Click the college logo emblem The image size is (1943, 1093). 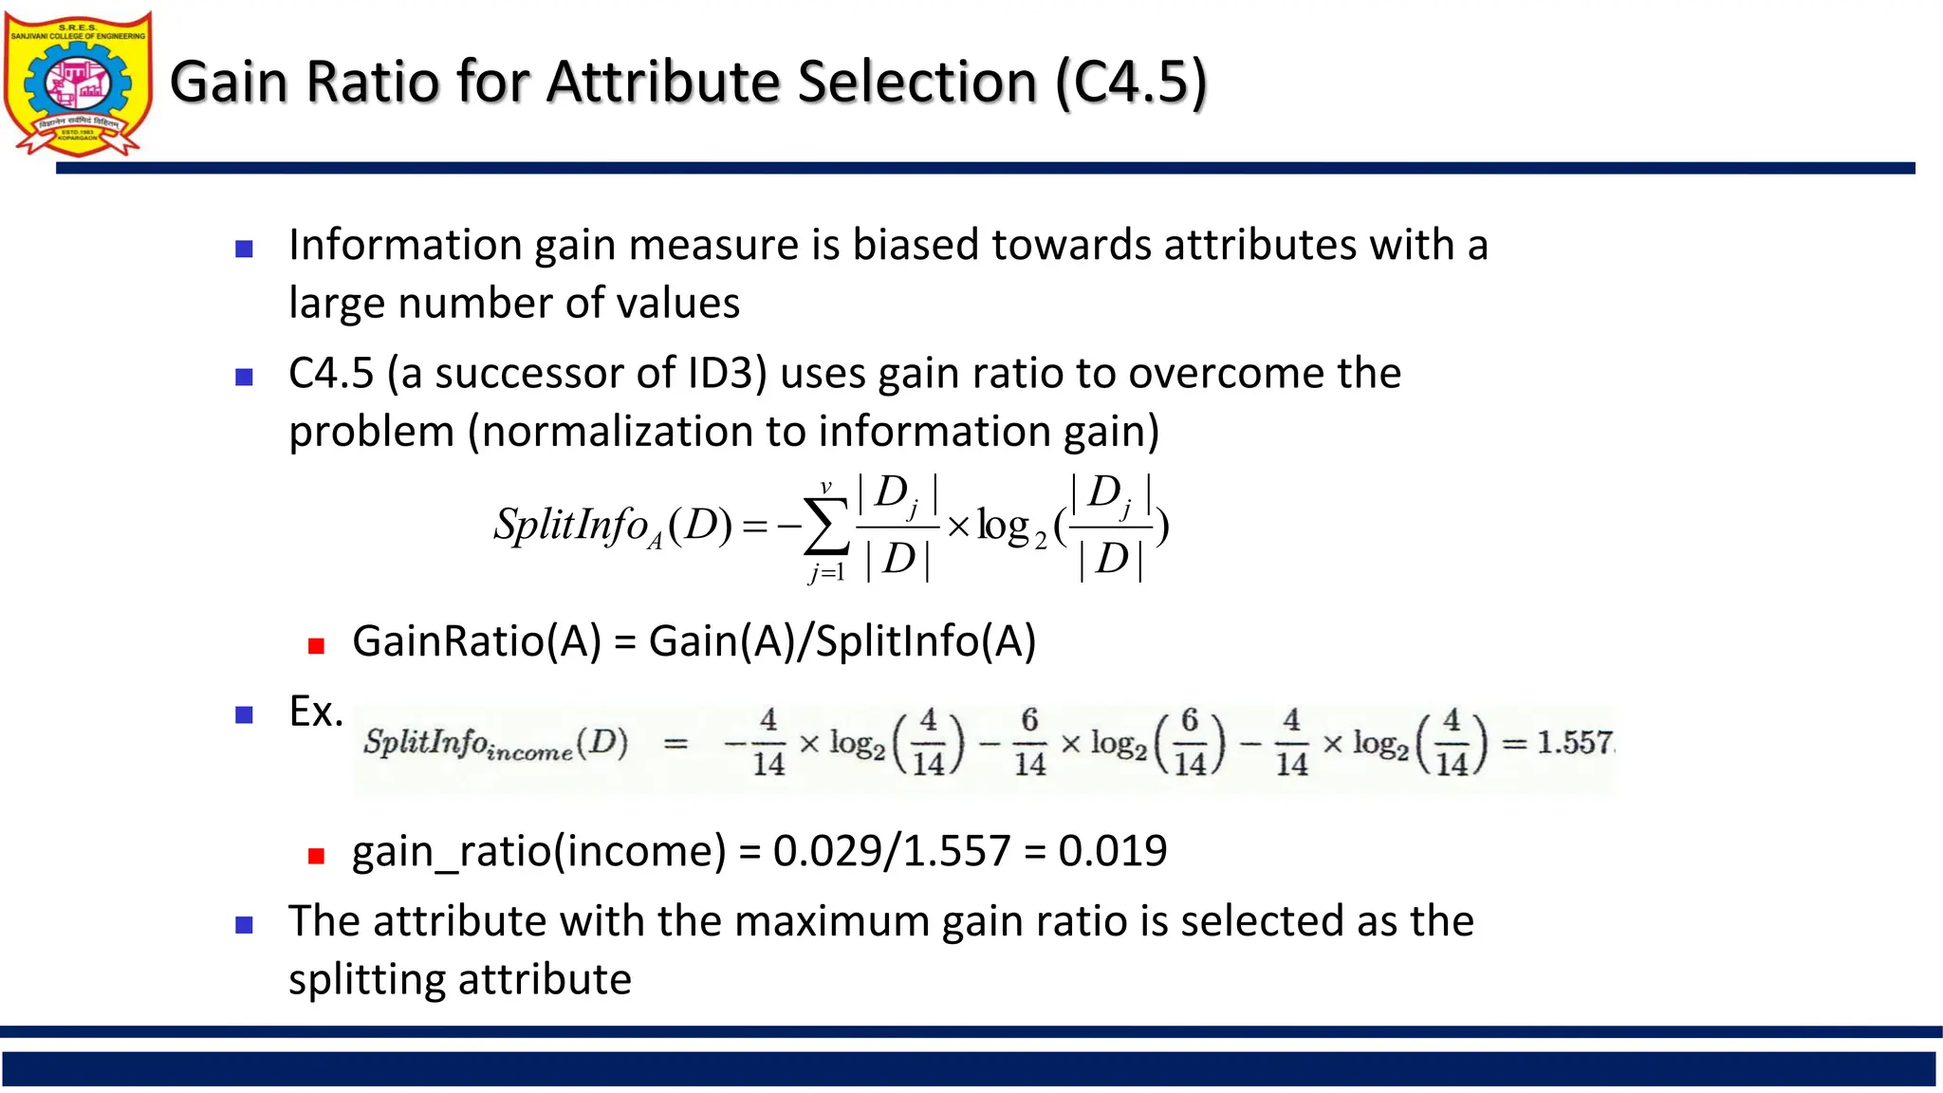coord(78,83)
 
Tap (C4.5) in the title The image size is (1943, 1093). coord(1131,82)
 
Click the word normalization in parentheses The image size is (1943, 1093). coord(617,432)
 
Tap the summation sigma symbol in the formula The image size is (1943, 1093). coord(825,528)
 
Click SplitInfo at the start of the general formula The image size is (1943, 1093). coord(570,525)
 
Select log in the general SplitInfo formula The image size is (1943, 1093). coord(1004,527)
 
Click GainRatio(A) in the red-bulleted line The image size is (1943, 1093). coord(477,641)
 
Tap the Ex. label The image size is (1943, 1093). coord(316,712)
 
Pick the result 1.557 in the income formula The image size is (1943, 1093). coord(1574,742)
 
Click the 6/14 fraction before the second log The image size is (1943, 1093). coord(1029,742)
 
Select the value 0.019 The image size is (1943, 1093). coord(1113,851)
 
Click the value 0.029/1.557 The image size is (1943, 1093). coord(892,851)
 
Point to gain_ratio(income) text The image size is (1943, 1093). coord(539,851)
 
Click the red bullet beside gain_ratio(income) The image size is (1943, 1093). coord(317,856)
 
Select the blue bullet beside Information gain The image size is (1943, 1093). coord(244,250)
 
